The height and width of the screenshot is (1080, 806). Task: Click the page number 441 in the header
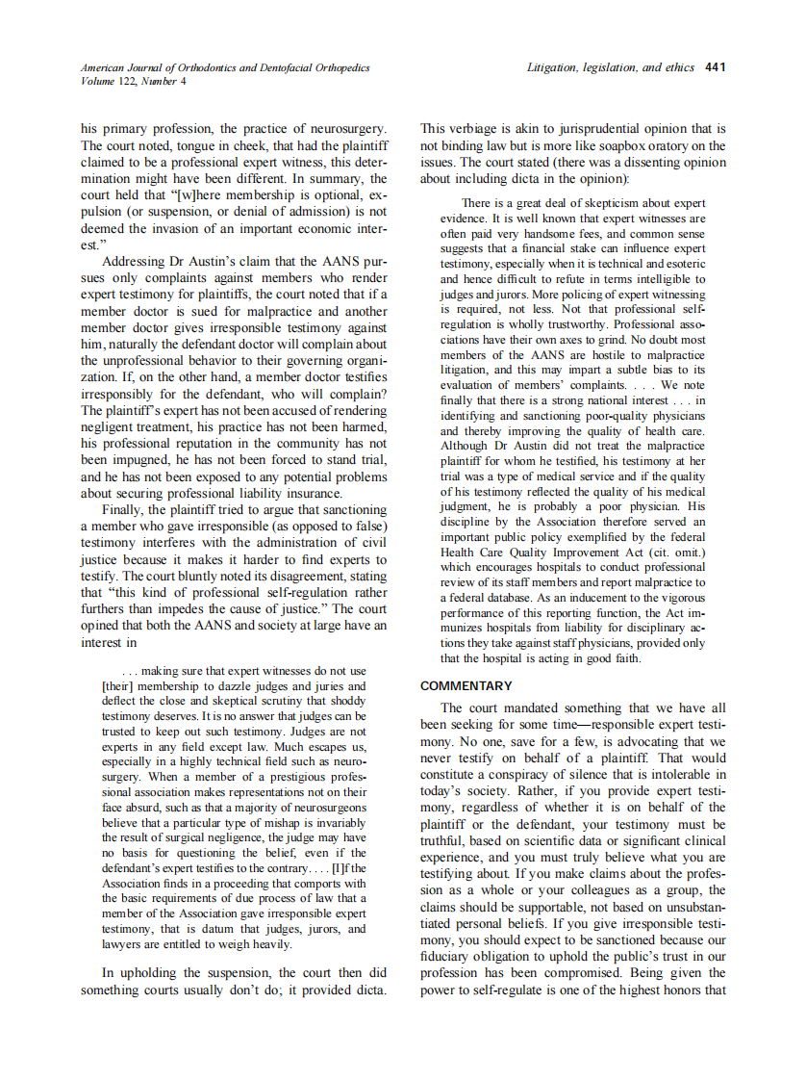coord(715,67)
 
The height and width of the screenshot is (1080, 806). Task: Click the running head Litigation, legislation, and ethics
coord(610,67)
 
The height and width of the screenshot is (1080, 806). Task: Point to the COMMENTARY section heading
coord(466,686)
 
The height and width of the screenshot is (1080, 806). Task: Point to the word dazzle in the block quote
coord(241,685)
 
